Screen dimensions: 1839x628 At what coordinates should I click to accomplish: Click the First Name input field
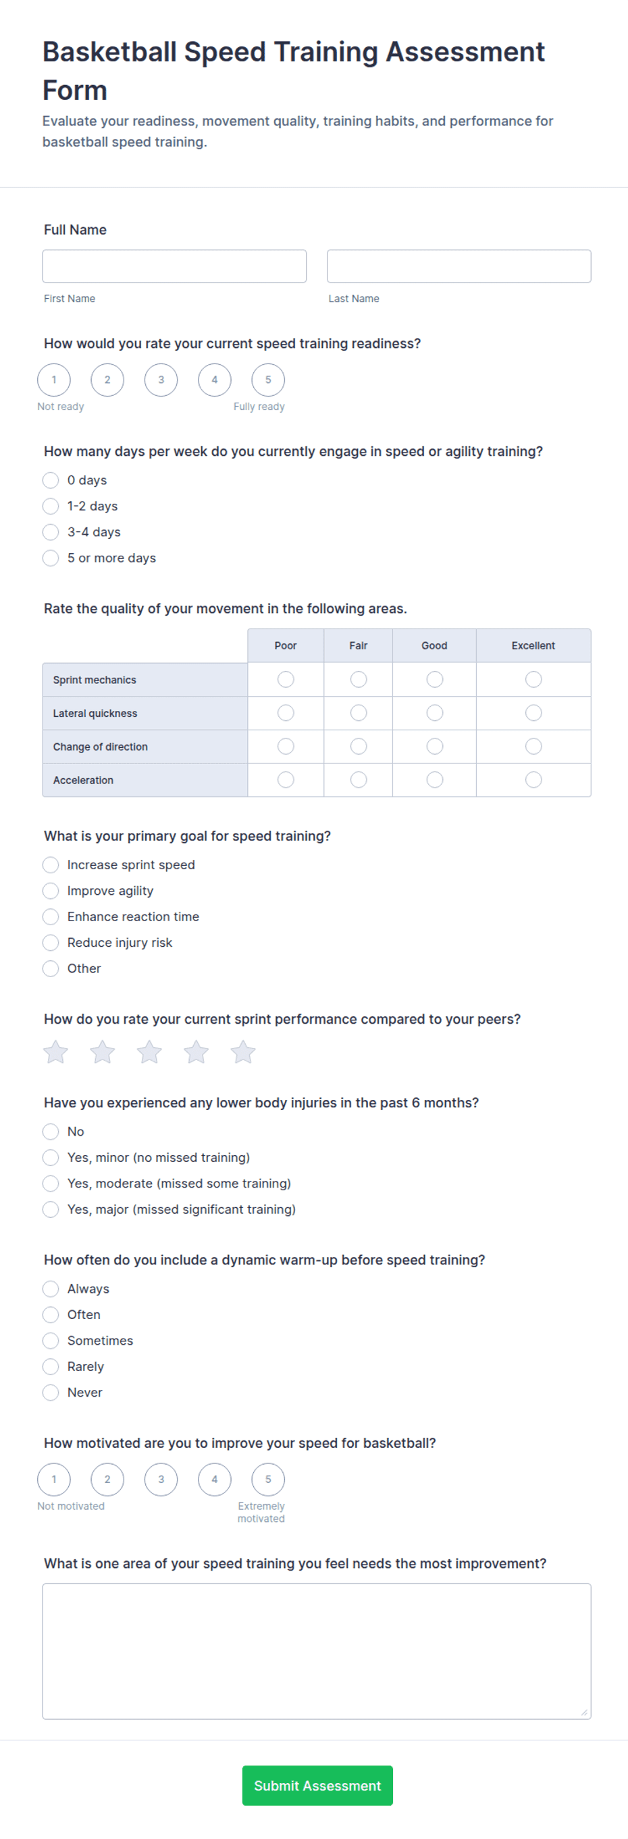click(x=174, y=266)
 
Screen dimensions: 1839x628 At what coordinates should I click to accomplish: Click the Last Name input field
click(x=458, y=266)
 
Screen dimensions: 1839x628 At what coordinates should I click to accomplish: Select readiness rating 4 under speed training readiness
click(x=214, y=380)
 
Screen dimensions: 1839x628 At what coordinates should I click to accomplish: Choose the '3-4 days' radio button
click(x=51, y=532)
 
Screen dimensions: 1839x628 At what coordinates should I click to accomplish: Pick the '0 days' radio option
click(x=51, y=479)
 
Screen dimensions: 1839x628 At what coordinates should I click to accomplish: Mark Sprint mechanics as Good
click(x=434, y=679)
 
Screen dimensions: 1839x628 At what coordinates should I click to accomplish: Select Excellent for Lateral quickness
click(x=533, y=713)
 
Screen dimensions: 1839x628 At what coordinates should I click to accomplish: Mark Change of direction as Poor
click(x=286, y=746)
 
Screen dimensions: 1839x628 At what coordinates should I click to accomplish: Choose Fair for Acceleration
click(x=359, y=780)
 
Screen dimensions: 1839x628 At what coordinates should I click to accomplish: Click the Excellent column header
click(x=533, y=645)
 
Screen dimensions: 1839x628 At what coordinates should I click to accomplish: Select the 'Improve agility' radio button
click(x=51, y=890)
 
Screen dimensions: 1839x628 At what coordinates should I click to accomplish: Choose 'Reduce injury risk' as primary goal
click(x=51, y=942)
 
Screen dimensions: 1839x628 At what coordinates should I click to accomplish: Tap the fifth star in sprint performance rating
click(x=243, y=1051)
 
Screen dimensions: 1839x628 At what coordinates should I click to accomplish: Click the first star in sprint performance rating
click(x=56, y=1051)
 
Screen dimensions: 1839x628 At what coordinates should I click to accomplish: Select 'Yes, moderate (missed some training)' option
click(x=51, y=1183)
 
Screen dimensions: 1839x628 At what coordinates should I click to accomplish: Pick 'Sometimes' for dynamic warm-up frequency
click(x=51, y=1340)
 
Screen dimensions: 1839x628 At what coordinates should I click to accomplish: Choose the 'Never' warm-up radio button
click(x=51, y=1392)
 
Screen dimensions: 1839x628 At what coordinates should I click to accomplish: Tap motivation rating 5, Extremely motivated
click(x=268, y=1479)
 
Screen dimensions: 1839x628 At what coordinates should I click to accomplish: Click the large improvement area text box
click(x=317, y=1651)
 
